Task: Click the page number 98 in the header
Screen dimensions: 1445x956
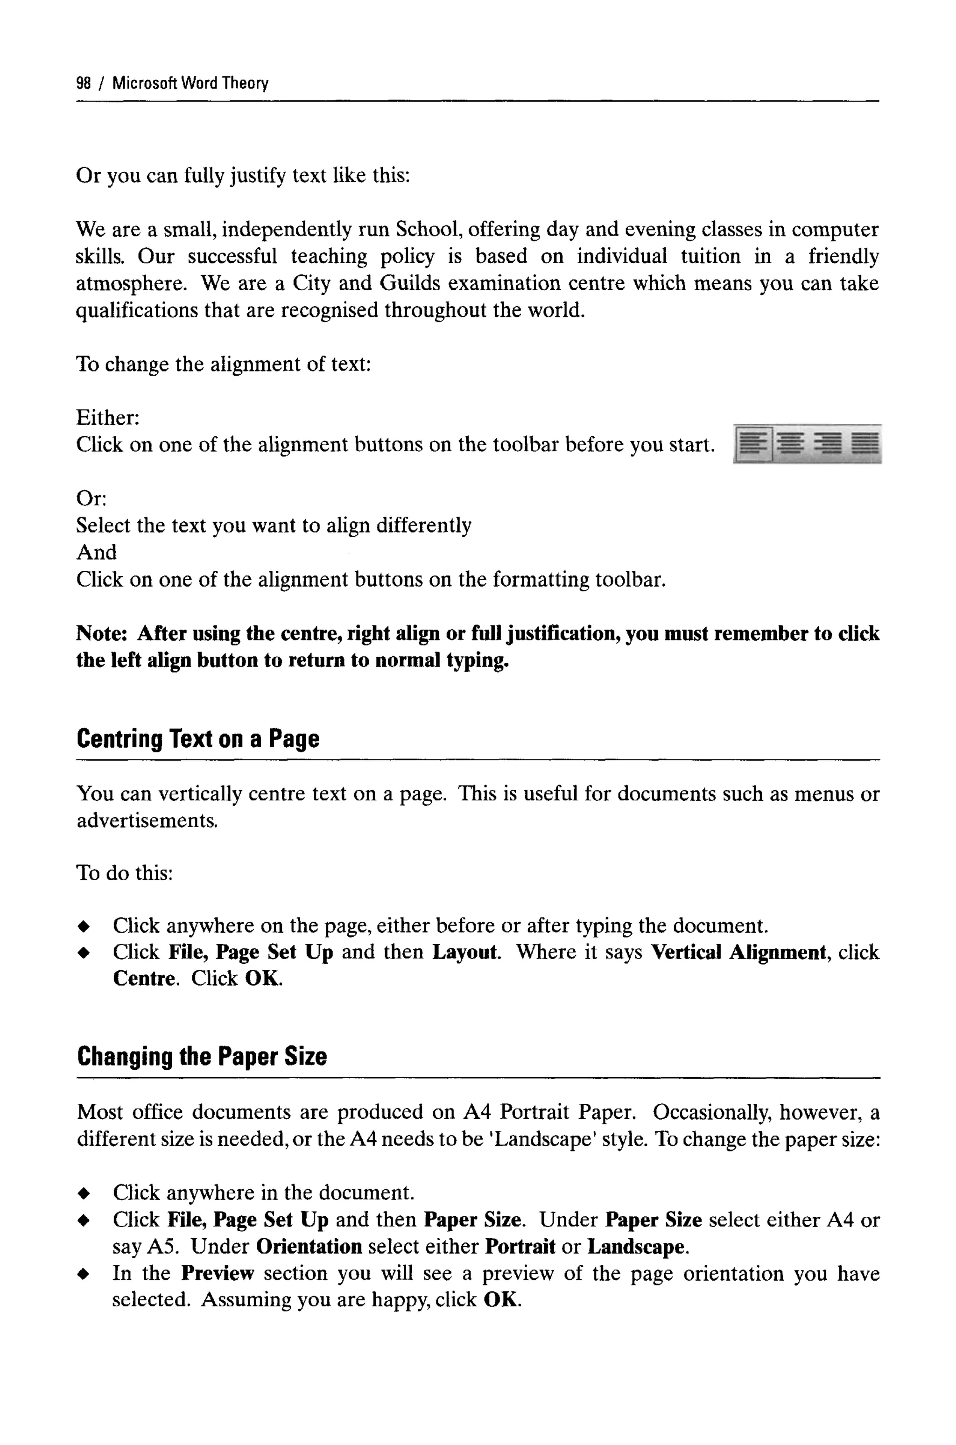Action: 84,83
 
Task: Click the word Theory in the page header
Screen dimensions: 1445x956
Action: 245,83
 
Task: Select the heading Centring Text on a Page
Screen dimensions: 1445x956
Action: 198,739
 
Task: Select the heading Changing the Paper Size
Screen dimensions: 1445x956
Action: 202,1056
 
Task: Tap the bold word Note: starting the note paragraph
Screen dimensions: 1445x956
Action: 101,634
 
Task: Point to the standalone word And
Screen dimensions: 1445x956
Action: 96,552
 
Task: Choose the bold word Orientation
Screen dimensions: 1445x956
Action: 309,1247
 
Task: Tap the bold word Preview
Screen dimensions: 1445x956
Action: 217,1274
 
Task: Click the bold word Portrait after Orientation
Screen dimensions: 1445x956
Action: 520,1247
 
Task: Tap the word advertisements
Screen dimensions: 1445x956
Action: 147,821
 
